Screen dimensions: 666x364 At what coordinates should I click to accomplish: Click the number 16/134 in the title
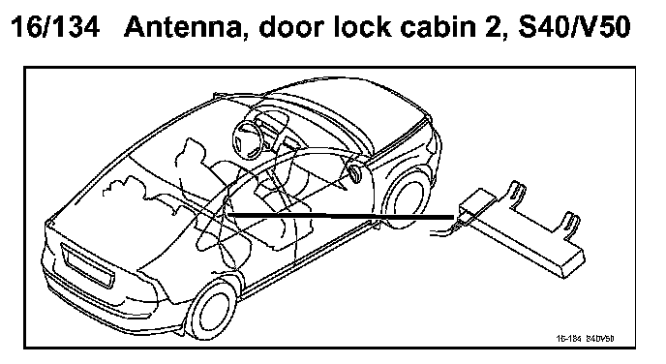pyautogui.click(x=55, y=26)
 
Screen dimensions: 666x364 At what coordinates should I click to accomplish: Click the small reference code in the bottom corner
pyautogui.click(x=586, y=339)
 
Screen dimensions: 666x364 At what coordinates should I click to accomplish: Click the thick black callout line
pyautogui.click(x=341, y=216)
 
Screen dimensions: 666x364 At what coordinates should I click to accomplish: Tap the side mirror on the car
pyautogui.click(x=354, y=173)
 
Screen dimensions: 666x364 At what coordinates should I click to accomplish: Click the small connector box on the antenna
pyautogui.click(x=476, y=204)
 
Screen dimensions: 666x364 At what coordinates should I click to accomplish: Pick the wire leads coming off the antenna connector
pyautogui.click(x=444, y=229)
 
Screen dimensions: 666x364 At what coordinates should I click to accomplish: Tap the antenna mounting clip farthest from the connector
pyautogui.click(x=570, y=223)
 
